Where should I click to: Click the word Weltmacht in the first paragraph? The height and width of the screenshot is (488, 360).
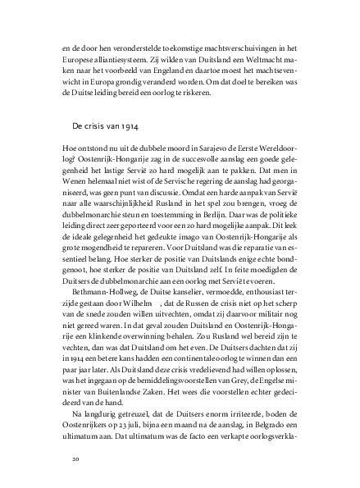tap(258, 60)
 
